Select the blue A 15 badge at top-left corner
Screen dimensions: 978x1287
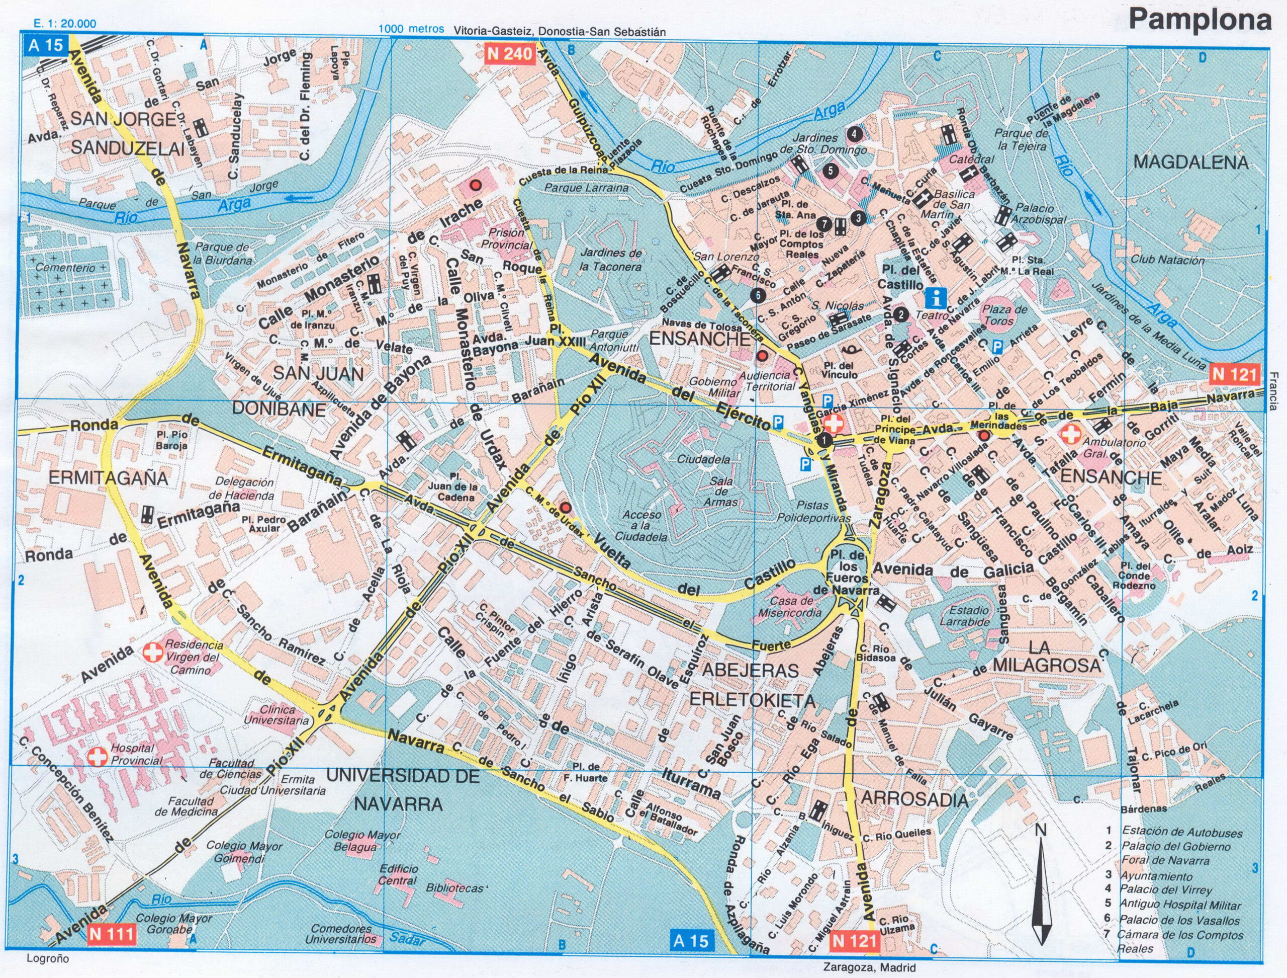click(45, 46)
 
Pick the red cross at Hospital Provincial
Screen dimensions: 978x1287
click(97, 757)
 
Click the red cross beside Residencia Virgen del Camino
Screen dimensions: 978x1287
click(153, 653)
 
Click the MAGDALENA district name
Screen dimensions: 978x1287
click(1190, 162)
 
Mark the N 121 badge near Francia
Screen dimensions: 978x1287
click(1234, 374)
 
